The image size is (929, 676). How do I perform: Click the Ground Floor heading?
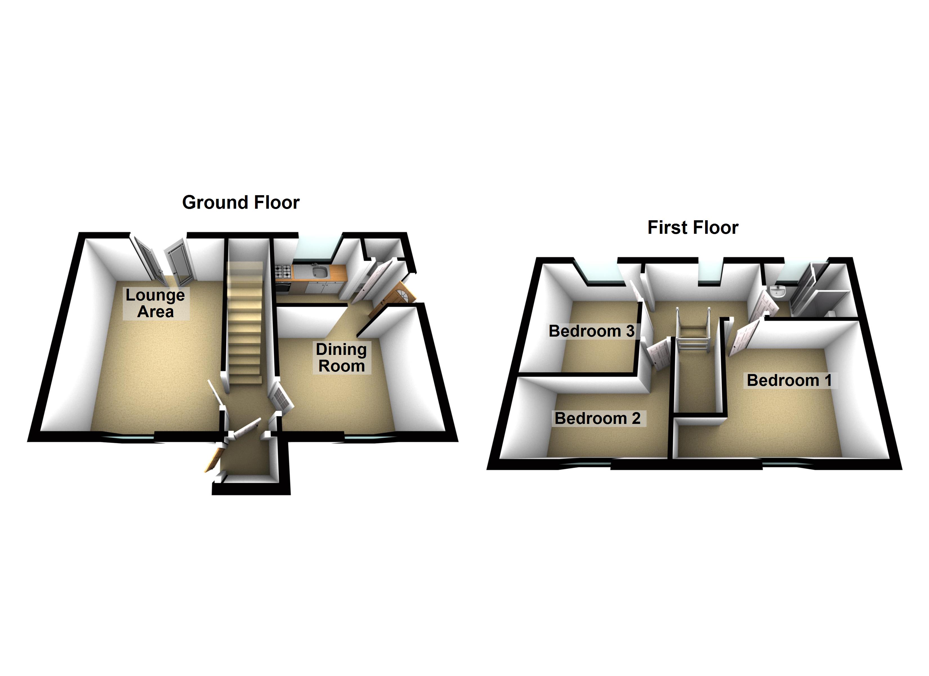241,203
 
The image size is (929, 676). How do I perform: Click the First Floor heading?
693,228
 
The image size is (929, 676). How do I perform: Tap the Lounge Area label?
155,303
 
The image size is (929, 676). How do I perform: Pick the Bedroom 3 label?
591,331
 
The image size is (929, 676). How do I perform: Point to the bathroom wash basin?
777,292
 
